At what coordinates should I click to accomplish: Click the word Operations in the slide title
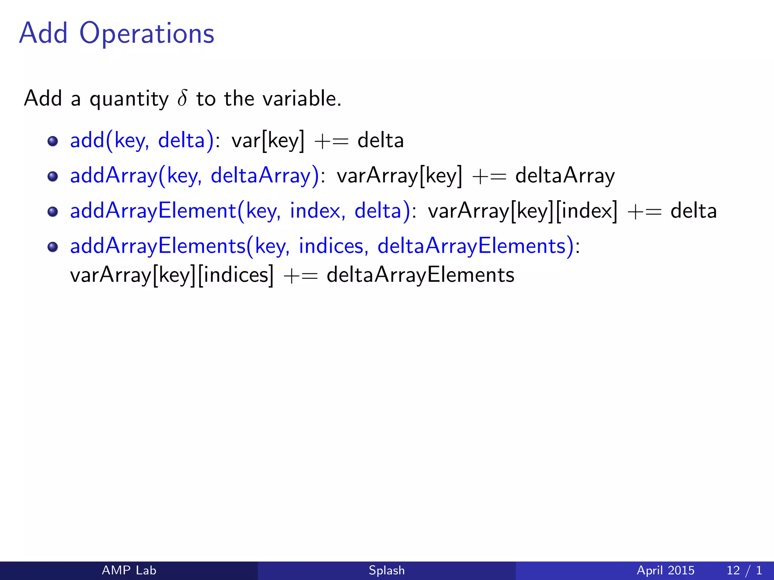pyautogui.click(x=147, y=34)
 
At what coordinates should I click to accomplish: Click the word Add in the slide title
pyautogui.click(x=43, y=33)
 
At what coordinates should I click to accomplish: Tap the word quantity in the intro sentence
pyautogui.click(x=129, y=100)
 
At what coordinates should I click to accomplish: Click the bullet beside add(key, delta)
pyautogui.click(x=53, y=141)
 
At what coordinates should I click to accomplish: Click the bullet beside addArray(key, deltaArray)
pyautogui.click(x=53, y=176)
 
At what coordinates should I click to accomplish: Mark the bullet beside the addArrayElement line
pyautogui.click(x=53, y=211)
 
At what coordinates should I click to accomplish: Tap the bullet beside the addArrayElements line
pyautogui.click(x=53, y=247)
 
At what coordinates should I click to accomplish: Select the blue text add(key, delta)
pyautogui.click(x=142, y=141)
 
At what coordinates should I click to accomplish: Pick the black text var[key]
pyautogui.click(x=268, y=141)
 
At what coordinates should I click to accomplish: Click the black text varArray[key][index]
pyautogui.click(x=522, y=211)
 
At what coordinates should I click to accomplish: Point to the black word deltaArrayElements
pyautogui.click(x=420, y=275)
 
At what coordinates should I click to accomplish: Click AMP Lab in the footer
pyautogui.click(x=129, y=570)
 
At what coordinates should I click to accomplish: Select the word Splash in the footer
pyautogui.click(x=387, y=570)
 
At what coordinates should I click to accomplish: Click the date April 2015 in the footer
pyautogui.click(x=666, y=570)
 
